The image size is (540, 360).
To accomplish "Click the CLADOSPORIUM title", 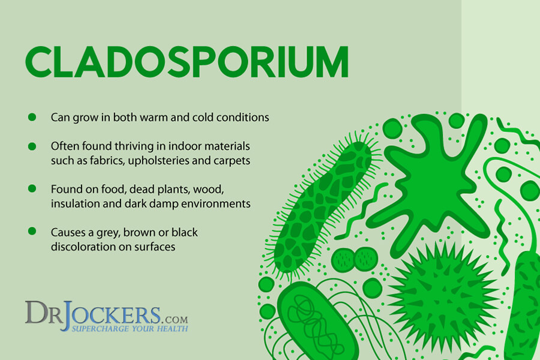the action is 187,62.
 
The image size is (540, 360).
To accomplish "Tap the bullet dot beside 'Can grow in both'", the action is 32,117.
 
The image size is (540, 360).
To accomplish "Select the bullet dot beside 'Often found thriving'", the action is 32,146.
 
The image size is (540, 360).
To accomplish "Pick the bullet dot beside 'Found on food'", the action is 32,189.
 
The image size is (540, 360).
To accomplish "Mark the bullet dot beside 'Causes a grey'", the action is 32,231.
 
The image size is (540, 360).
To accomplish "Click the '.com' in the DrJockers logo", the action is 174,319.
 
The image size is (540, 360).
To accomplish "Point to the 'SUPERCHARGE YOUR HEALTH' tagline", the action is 130,328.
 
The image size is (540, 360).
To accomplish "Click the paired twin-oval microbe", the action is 355,259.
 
